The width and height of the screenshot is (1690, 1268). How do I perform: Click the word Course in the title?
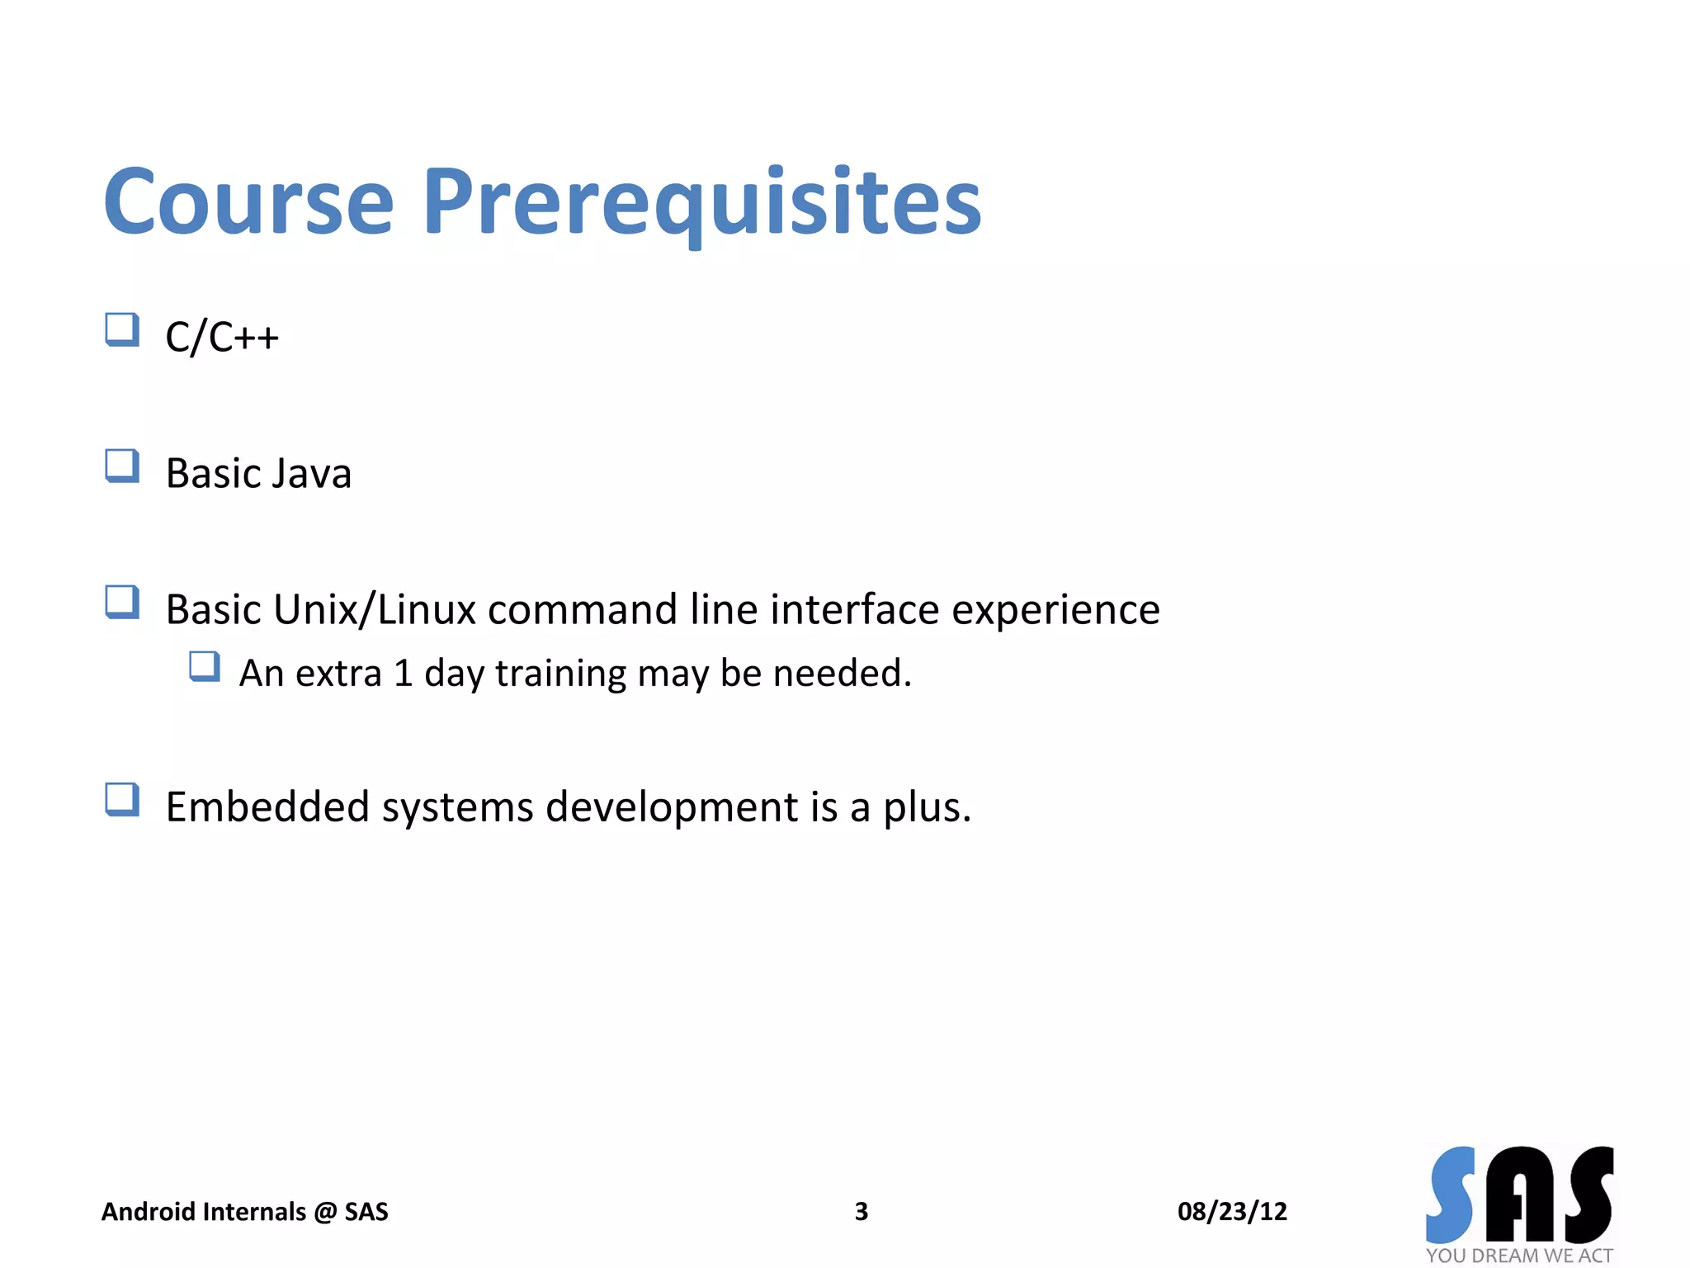click(248, 202)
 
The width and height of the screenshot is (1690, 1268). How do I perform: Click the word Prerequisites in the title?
click(701, 202)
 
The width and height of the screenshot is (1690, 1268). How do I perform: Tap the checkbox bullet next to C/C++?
click(122, 329)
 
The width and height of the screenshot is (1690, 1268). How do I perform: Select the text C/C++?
click(222, 337)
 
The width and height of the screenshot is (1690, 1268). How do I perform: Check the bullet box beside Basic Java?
click(122, 466)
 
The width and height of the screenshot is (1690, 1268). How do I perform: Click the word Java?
click(311, 474)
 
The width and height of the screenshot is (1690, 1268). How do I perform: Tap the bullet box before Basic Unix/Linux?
click(122, 602)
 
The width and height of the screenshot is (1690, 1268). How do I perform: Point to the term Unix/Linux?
click(375, 610)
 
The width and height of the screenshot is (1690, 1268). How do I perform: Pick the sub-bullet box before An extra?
click(205, 666)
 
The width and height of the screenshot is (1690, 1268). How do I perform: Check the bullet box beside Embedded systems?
click(122, 799)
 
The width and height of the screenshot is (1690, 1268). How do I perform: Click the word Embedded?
click(267, 807)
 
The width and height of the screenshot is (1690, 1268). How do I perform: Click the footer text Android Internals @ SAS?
click(244, 1211)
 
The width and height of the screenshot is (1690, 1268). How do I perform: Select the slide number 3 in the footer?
click(861, 1211)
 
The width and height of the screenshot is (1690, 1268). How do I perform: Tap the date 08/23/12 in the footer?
click(1231, 1211)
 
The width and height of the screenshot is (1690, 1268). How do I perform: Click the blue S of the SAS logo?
click(1451, 1195)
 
